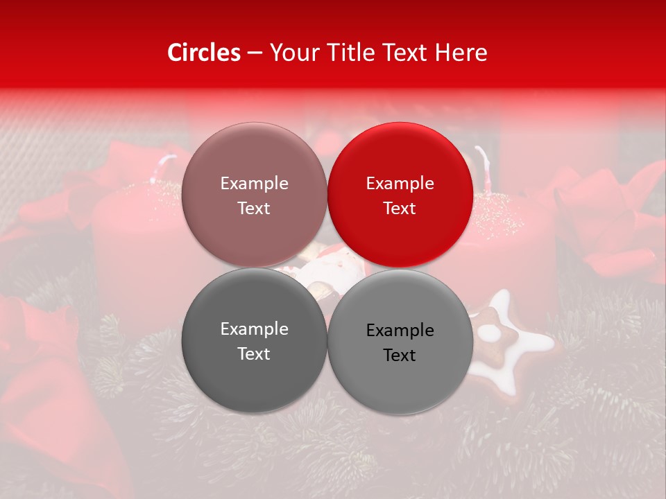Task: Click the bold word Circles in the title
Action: coord(204,53)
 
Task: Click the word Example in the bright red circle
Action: coord(400,183)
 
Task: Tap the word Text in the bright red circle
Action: coord(400,208)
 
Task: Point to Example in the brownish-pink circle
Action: coord(254,183)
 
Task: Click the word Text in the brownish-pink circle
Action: coord(254,208)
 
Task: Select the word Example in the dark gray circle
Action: coord(254,329)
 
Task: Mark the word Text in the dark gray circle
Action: coord(254,353)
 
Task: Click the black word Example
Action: coord(400,330)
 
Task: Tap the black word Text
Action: coord(400,355)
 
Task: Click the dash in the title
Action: coord(255,53)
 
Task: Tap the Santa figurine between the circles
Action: coord(323,274)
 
